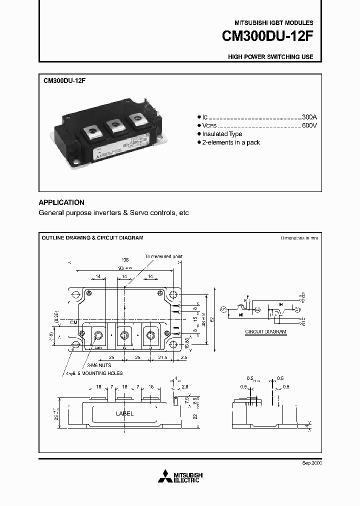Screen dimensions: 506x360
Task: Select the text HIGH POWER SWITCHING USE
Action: click(x=270, y=57)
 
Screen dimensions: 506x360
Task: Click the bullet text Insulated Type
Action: click(x=222, y=134)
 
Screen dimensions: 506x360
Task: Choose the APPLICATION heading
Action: click(x=61, y=202)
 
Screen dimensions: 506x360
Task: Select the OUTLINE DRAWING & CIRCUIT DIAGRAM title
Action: click(x=92, y=238)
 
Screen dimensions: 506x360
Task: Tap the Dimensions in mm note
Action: click(x=299, y=238)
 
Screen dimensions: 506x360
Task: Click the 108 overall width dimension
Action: click(x=124, y=260)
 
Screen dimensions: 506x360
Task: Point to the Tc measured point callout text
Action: click(x=164, y=256)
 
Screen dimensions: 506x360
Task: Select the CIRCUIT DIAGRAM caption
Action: click(x=265, y=332)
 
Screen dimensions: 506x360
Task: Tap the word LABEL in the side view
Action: click(x=124, y=413)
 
